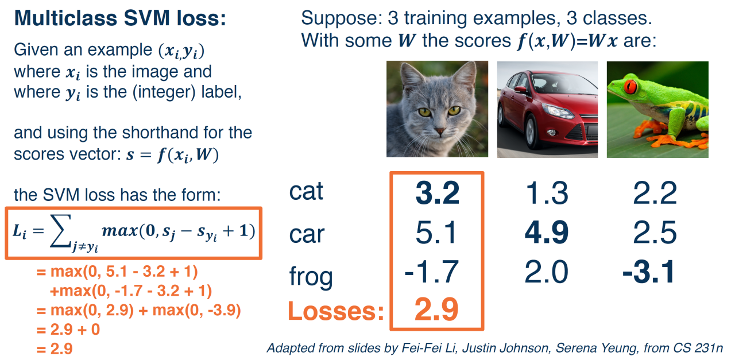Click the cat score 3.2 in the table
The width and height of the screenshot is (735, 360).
click(438, 193)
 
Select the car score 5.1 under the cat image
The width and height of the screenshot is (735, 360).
click(436, 233)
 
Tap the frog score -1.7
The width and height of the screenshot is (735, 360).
click(431, 272)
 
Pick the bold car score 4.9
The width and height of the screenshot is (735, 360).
click(547, 233)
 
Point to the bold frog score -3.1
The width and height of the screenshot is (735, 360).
click(649, 272)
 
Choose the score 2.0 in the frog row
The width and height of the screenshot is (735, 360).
click(546, 272)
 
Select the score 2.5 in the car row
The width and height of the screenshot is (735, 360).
click(655, 233)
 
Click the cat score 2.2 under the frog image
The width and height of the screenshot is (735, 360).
click(655, 193)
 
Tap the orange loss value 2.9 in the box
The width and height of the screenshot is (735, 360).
click(436, 309)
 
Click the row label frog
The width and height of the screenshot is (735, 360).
click(311, 276)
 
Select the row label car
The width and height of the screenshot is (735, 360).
click(307, 234)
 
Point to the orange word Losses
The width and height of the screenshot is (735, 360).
click(336, 311)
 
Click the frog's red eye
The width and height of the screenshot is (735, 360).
click(630, 86)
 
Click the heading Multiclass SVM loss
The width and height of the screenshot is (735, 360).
click(120, 18)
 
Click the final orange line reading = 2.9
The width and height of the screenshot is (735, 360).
click(55, 349)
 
